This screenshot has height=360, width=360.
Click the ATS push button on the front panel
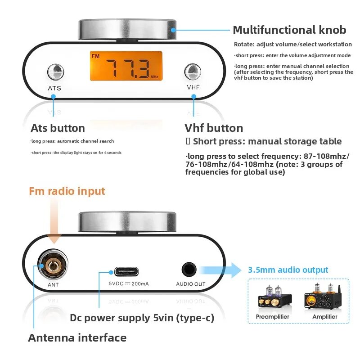click(x=55, y=72)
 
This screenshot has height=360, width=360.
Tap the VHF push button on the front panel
click(x=193, y=72)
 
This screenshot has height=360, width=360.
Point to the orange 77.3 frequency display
click(x=126, y=66)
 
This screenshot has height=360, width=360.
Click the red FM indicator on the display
click(x=95, y=56)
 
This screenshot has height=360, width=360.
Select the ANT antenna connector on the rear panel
click(x=53, y=265)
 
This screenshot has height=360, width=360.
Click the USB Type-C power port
click(x=126, y=272)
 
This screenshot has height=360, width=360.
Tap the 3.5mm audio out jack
click(x=189, y=270)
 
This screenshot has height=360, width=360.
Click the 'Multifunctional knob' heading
click(x=289, y=30)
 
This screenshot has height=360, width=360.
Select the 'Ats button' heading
click(x=58, y=128)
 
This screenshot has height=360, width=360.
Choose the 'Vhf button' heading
click(x=214, y=128)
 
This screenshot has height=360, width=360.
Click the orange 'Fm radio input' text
click(x=67, y=191)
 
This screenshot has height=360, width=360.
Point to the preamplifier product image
click(x=275, y=297)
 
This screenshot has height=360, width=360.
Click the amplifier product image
click(x=323, y=296)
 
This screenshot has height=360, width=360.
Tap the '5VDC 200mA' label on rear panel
click(x=129, y=284)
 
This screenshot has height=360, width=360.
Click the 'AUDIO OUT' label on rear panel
click(x=191, y=284)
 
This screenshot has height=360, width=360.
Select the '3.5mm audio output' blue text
click(x=288, y=270)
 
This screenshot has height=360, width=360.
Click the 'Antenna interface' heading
click(x=77, y=338)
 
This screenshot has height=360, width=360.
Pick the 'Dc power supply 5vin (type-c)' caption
click(x=142, y=318)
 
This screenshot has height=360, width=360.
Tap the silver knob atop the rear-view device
click(x=127, y=222)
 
